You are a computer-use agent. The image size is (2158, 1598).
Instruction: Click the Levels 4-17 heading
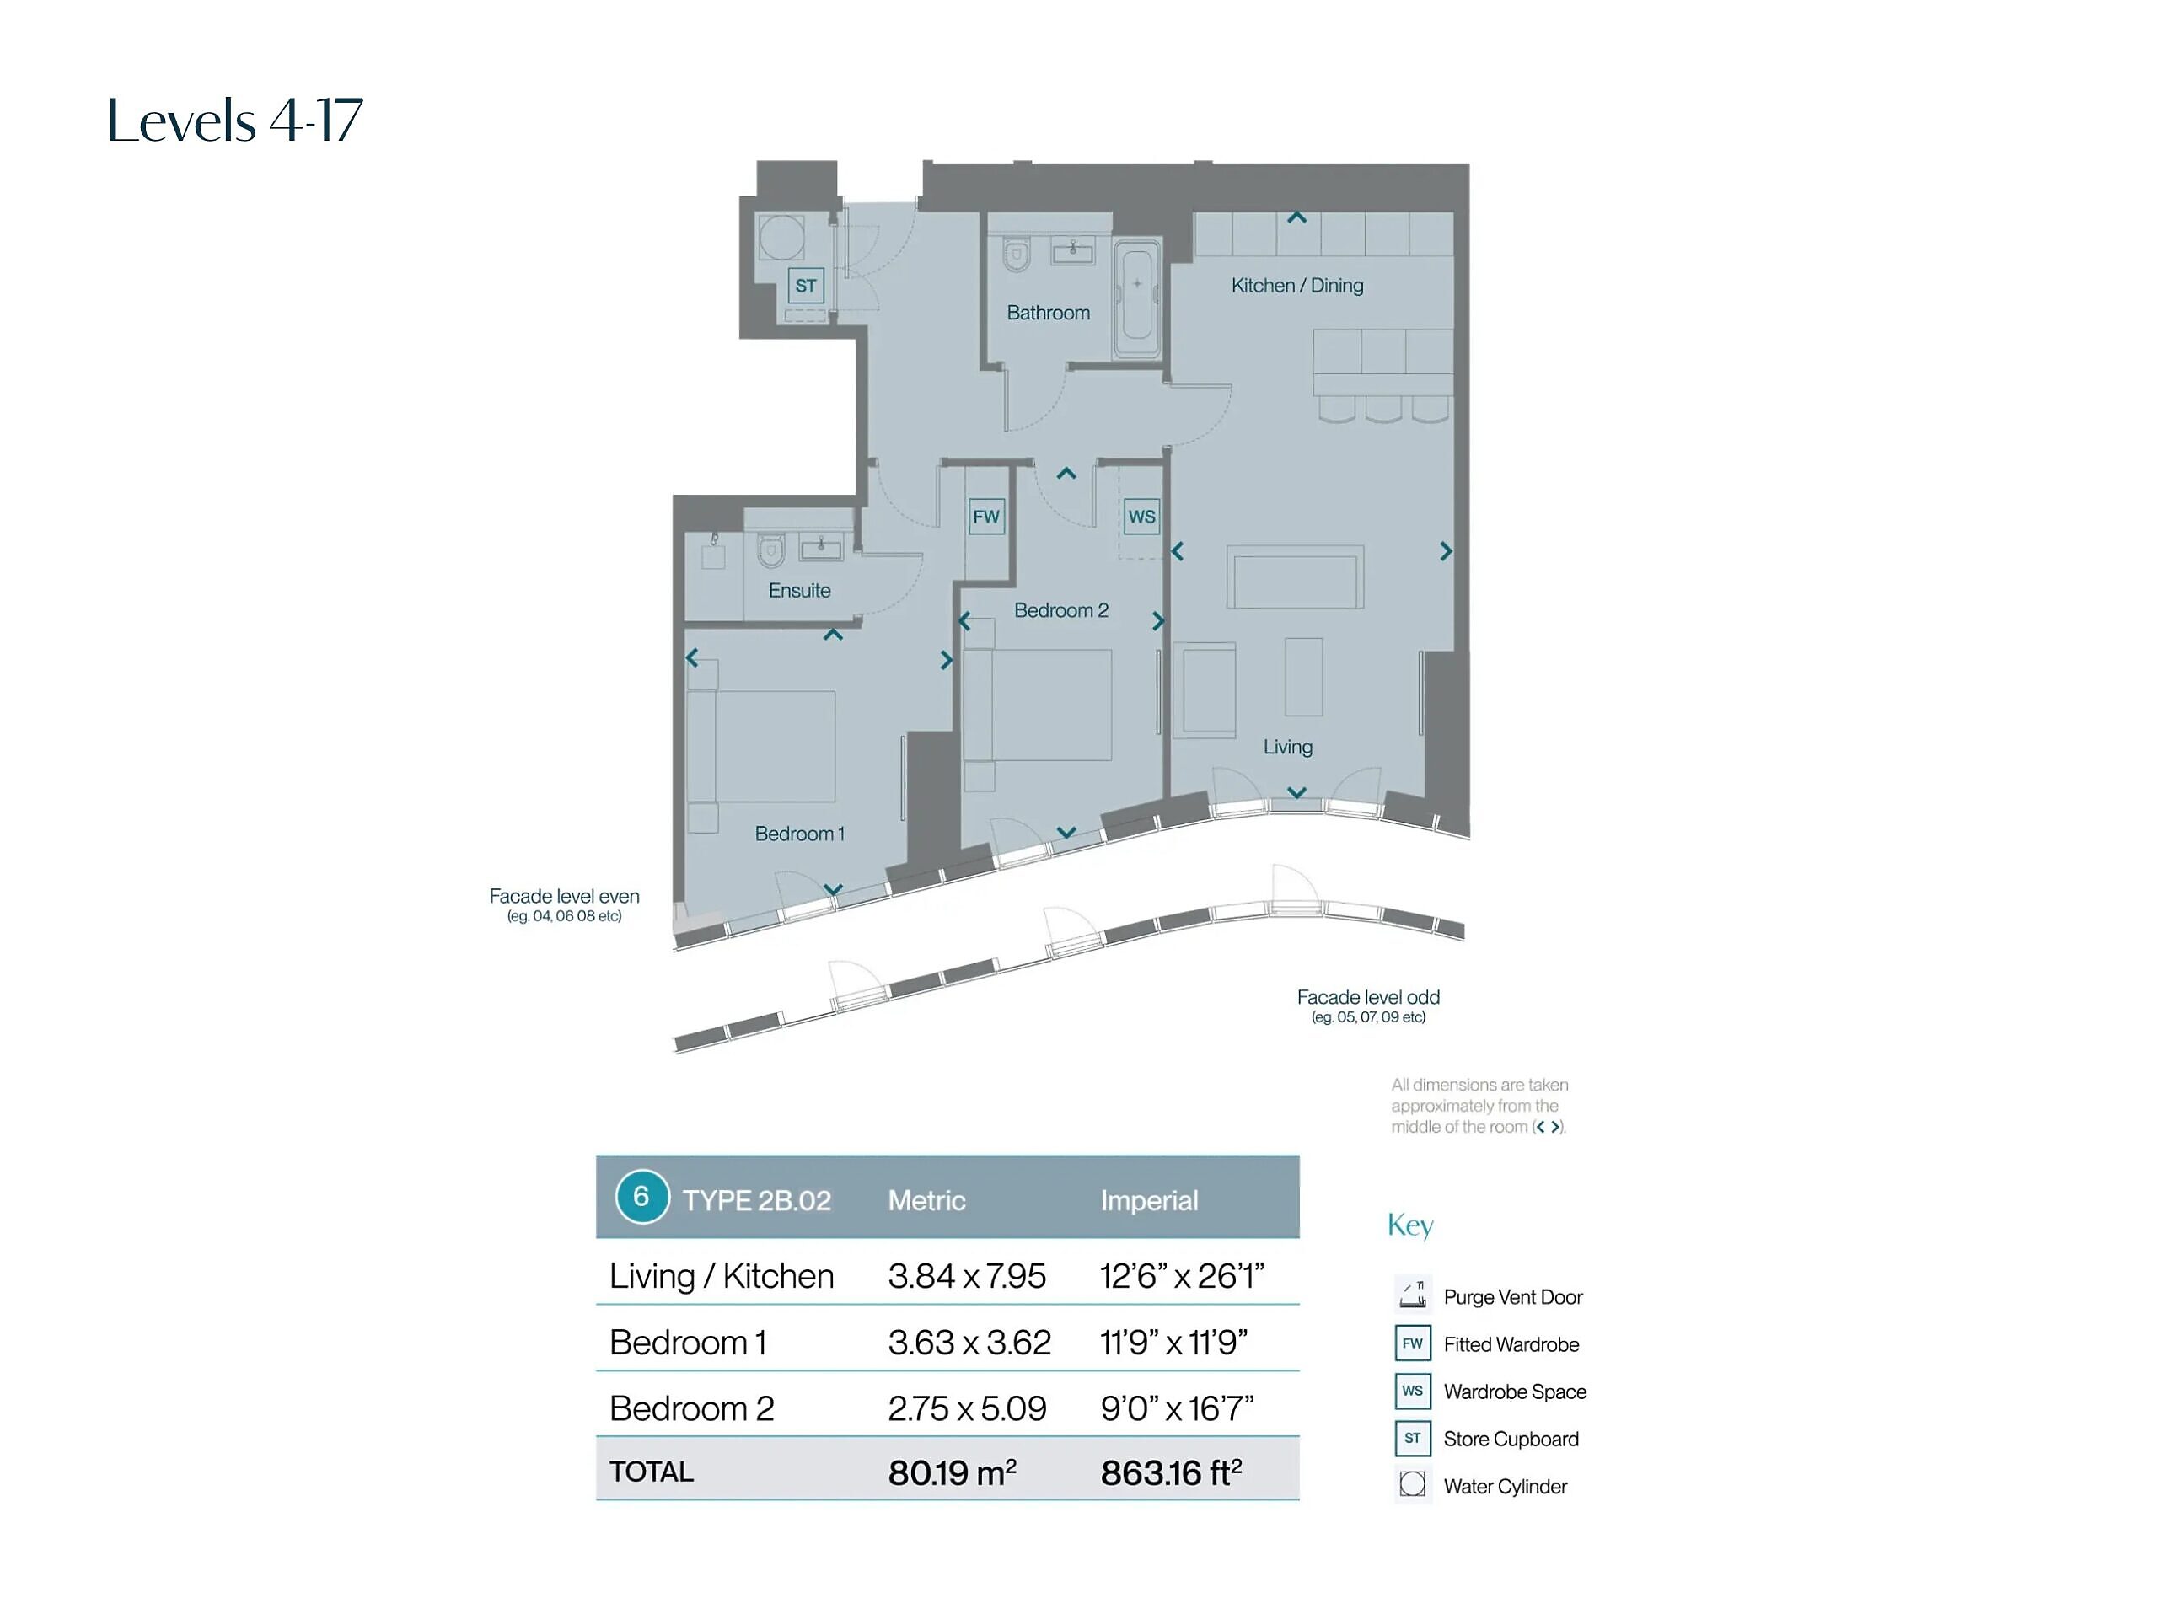235,121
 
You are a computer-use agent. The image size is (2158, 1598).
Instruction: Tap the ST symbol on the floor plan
806,286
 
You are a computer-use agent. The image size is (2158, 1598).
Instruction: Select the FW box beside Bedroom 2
986,517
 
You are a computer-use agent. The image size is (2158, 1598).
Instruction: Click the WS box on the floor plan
1141,517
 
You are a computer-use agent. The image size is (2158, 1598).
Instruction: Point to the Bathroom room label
1048,313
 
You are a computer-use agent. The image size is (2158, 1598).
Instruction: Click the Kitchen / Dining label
1297,286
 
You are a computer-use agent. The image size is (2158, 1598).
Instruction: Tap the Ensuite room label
799,590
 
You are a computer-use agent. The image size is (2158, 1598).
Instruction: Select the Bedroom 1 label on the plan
799,834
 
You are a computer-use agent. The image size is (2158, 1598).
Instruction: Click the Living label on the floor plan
1287,747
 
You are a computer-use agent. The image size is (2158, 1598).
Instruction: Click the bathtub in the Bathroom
1136,299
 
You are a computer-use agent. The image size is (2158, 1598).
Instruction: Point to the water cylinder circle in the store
781,237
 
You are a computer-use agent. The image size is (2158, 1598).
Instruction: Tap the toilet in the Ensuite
770,550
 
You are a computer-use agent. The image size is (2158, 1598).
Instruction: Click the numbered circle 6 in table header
641,1197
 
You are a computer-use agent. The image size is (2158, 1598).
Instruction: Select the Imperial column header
1149,1200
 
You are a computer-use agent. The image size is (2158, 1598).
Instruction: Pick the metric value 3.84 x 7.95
966,1276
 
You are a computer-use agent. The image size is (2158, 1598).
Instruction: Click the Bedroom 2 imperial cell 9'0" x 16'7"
1176,1408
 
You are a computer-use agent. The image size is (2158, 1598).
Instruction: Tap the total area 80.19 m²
952,1472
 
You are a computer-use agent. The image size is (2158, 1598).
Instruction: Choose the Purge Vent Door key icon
1412,1293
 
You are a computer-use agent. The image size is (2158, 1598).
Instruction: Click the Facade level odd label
1368,997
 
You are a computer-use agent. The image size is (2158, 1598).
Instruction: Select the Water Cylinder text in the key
1505,1487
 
